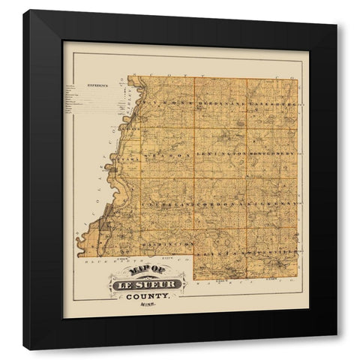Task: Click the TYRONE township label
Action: click(160, 101)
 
